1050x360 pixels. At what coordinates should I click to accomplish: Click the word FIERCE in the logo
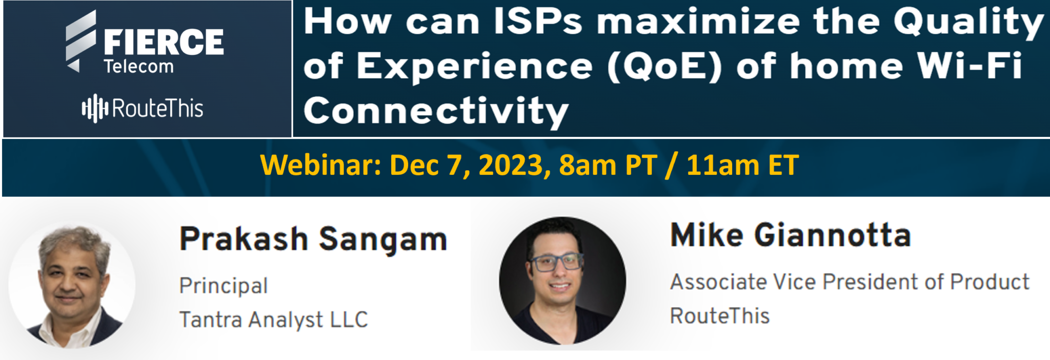click(x=164, y=42)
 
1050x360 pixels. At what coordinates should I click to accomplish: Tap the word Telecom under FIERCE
click(x=138, y=67)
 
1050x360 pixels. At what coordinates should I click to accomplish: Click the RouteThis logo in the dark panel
click(x=143, y=108)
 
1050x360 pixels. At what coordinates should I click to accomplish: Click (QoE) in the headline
click(x=665, y=67)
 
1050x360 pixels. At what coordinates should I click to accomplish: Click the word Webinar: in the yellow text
click(x=320, y=165)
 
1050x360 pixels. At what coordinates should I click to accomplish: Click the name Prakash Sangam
click(x=313, y=239)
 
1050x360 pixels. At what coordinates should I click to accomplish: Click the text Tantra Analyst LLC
click(x=274, y=319)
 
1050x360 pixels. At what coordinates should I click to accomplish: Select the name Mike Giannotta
click(x=791, y=235)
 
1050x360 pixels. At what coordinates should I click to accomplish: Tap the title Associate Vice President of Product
click(x=850, y=282)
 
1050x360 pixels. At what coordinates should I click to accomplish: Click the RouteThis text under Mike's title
click(x=720, y=315)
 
